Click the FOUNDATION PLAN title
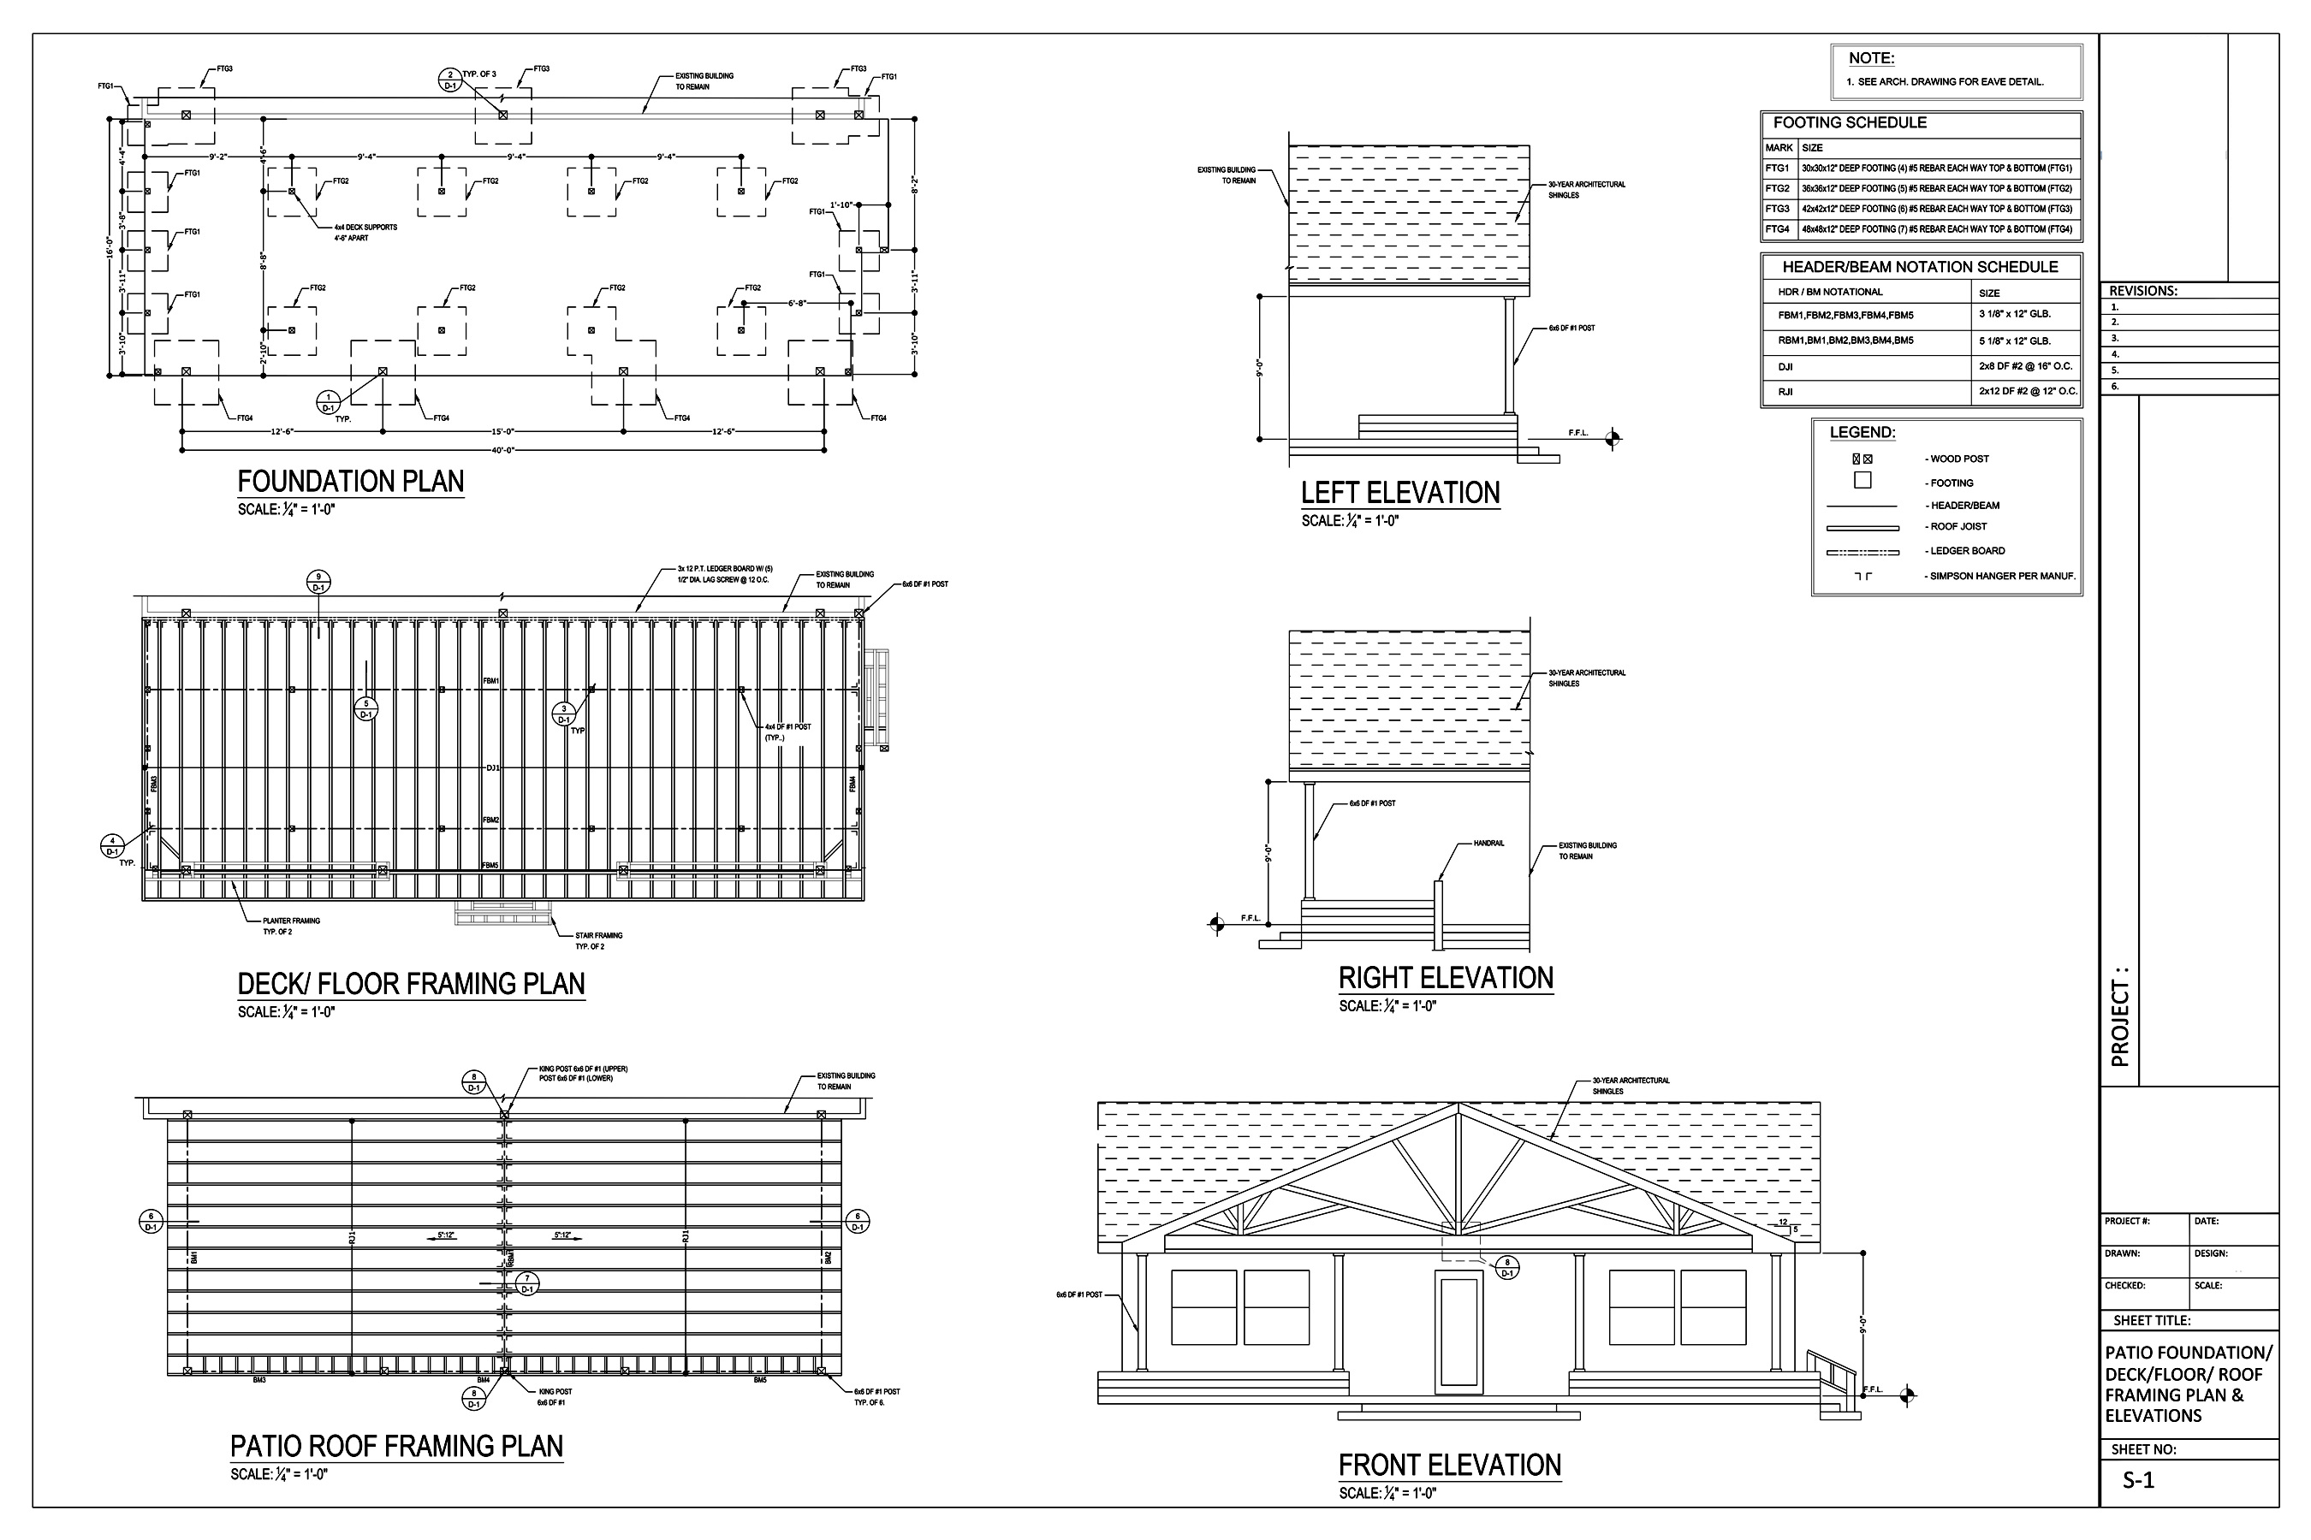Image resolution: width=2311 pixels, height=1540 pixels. [x=351, y=483]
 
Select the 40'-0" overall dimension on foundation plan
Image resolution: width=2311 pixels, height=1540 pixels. [x=503, y=451]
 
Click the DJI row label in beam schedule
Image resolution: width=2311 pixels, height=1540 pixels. [x=1785, y=367]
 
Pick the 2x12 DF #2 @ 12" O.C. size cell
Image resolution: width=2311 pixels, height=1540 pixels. [x=2028, y=392]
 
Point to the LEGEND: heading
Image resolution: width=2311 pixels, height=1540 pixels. [x=1862, y=433]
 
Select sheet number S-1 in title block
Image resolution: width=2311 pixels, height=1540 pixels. [x=2138, y=1481]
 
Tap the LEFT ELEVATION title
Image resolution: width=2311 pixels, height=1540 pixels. [x=1400, y=493]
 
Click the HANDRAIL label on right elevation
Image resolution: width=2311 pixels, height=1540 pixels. [x=1488, y=844]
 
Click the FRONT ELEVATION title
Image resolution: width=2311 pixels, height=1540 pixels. [x=1449, y=1466]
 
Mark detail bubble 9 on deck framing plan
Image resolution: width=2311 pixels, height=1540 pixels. [x=318, y=583]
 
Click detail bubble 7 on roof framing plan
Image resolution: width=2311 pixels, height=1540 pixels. [x=527, y=1283]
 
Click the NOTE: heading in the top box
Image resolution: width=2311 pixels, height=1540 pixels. [x=1871, y=59]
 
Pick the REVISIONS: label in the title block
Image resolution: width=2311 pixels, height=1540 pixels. [x=2143, y=292]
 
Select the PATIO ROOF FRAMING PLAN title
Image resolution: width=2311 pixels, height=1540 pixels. [x=396, y=1447]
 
